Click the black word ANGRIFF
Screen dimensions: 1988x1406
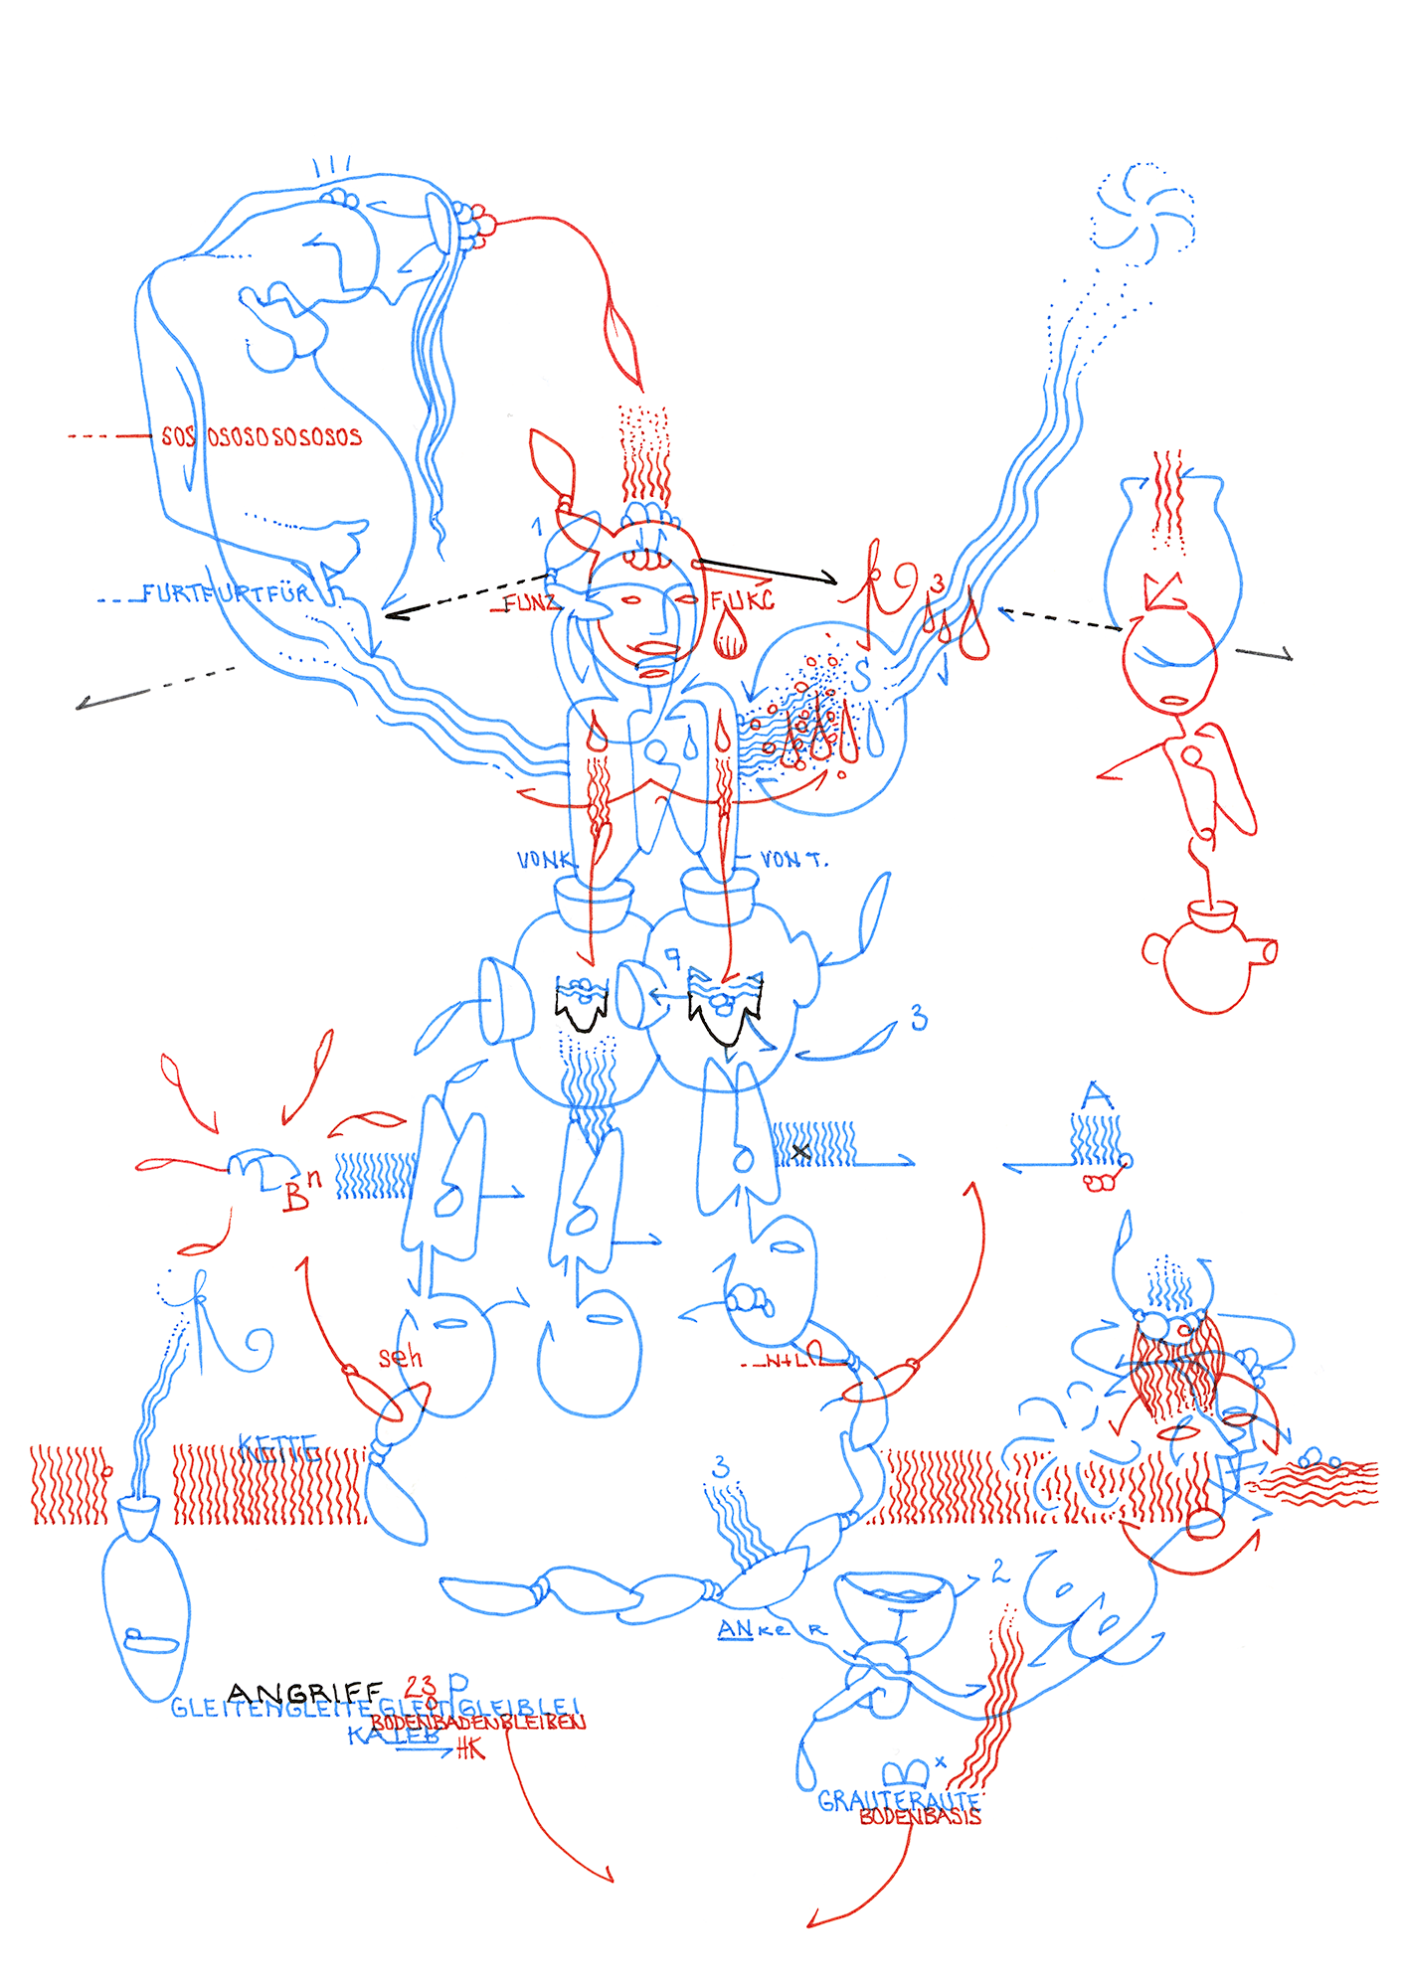click(x=304, y=1692)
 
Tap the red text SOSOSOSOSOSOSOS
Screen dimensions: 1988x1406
click(x=262, y=436)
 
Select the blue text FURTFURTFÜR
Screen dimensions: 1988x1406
click(x=227, y=594)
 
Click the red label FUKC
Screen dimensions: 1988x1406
click(x=742, y=600)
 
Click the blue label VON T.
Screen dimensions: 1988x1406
click(x=792, y=859)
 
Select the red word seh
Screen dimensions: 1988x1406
click(x=400, y=1358)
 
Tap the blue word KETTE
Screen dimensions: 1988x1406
click(x=277, y=1447)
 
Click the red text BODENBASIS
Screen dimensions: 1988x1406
click(x=920, y=1817)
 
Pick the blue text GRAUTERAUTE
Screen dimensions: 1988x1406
click(x=898, y=1800)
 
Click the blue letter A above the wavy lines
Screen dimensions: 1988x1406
click(x=1096, y=1096)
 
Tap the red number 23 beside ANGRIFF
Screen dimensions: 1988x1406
click(x=421, y=1686)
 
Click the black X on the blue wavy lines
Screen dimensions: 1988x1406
click(x=800, y=1152)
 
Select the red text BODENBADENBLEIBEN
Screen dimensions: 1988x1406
click(x=477, y=1723)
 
